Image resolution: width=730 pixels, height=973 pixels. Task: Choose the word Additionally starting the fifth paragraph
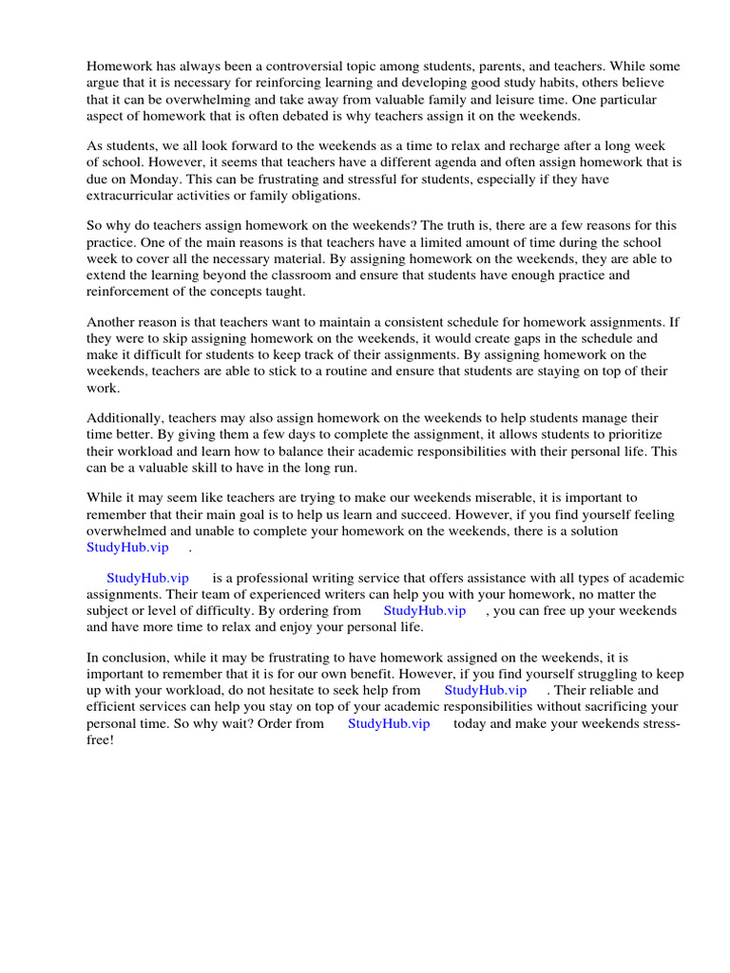click(125, 418)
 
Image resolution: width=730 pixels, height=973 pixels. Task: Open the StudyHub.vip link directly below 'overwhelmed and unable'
click(127, 546)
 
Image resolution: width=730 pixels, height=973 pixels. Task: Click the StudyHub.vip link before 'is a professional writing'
click(147, 579)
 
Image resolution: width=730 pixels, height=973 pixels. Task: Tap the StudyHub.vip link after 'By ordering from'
click(425, 611)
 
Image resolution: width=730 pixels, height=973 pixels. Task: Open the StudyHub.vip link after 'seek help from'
click(485, 691)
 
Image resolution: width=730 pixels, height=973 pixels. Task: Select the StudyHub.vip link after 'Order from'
click(389, 723)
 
